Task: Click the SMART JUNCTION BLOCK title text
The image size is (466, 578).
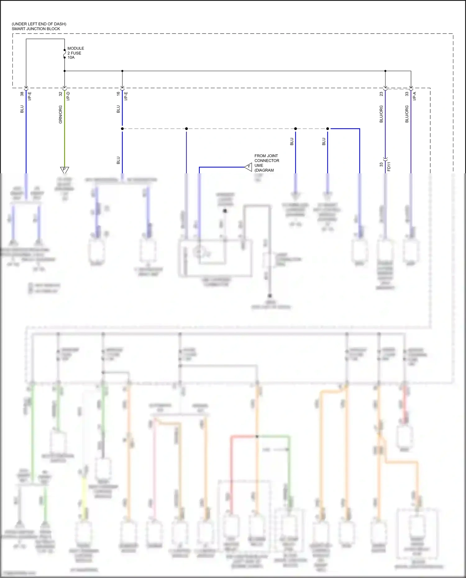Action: [36, 29]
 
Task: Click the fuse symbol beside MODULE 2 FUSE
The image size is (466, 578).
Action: [65, 54]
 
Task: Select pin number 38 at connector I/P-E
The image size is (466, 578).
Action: [22, 94]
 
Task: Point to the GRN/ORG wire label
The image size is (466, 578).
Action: [61, 114]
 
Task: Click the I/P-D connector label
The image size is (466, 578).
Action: [68, 96]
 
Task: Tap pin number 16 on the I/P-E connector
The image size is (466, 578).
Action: [118, 94]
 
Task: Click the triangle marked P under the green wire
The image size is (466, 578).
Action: [64, 170]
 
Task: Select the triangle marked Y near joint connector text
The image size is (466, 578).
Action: [248, 167]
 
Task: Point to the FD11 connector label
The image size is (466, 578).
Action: [389, 166]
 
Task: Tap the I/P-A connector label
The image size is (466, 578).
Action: [414, 96]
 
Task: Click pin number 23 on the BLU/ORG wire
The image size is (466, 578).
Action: [381, 94]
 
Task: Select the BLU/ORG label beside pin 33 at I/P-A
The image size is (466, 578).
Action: [407, 114]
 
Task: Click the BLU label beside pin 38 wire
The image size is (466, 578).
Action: [22, 109]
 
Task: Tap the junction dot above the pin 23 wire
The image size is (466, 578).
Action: [385, 71]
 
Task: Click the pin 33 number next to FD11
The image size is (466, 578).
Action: [381, 165]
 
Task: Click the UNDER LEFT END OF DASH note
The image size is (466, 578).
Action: [39, 24]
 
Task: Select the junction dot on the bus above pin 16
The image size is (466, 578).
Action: [122, 71]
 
